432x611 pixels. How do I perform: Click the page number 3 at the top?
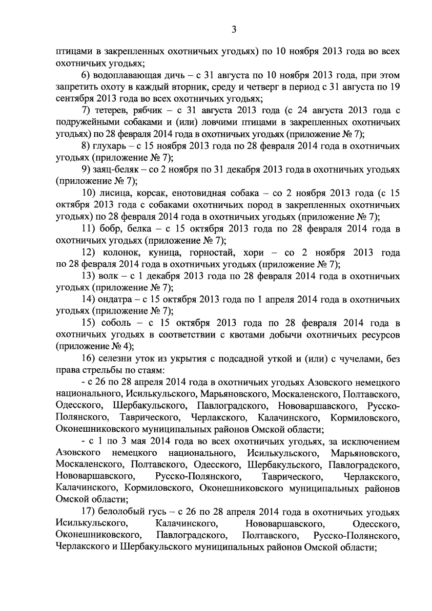(233, 30)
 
